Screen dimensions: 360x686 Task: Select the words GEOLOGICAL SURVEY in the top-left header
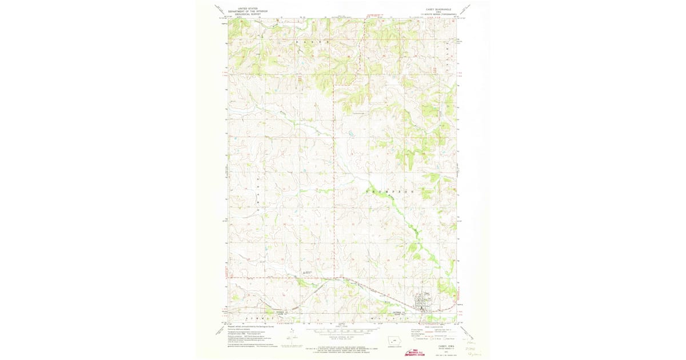pyautogui.click(x=243, y=13)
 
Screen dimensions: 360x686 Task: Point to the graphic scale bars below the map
pyautogui.click(x=342, y=331)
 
